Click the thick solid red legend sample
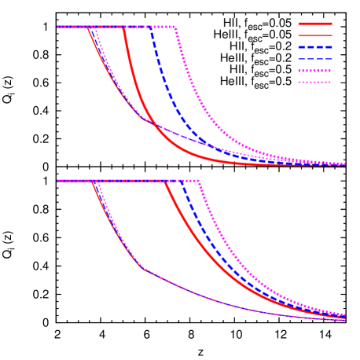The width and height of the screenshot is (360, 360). (314, 24)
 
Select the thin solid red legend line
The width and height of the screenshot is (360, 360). (314, 35)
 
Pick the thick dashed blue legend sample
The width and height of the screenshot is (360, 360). (314, 47)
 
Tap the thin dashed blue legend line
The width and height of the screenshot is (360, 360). (314, 59)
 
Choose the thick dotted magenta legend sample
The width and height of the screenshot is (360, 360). (314, 71)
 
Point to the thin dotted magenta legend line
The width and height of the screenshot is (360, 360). (314, 82)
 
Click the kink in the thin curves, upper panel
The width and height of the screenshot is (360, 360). (143, 119)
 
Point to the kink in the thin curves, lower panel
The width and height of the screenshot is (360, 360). (142, 268)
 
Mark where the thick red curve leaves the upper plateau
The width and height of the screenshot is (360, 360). (123, 27)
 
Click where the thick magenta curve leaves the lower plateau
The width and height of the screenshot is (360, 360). (199, 181)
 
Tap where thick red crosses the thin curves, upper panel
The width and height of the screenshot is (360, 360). (155, 125)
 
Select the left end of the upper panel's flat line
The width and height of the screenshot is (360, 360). (57, 27)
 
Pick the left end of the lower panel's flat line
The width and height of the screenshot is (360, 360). (57, 181)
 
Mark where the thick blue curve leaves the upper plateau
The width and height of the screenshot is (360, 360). (150, 27)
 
